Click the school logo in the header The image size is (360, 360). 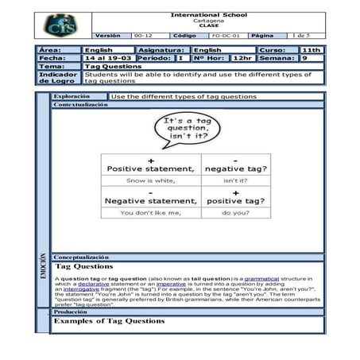point(61,26)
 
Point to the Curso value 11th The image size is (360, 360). point(312,50)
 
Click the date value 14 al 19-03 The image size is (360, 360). point(108,58)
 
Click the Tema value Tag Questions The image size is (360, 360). point(114,66)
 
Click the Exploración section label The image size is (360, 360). point(72,96)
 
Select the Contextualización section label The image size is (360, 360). point(80,104)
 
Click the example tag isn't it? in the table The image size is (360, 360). point(235,180)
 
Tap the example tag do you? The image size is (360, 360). point(235,213)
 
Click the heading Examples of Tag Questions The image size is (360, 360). point(109,321)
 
